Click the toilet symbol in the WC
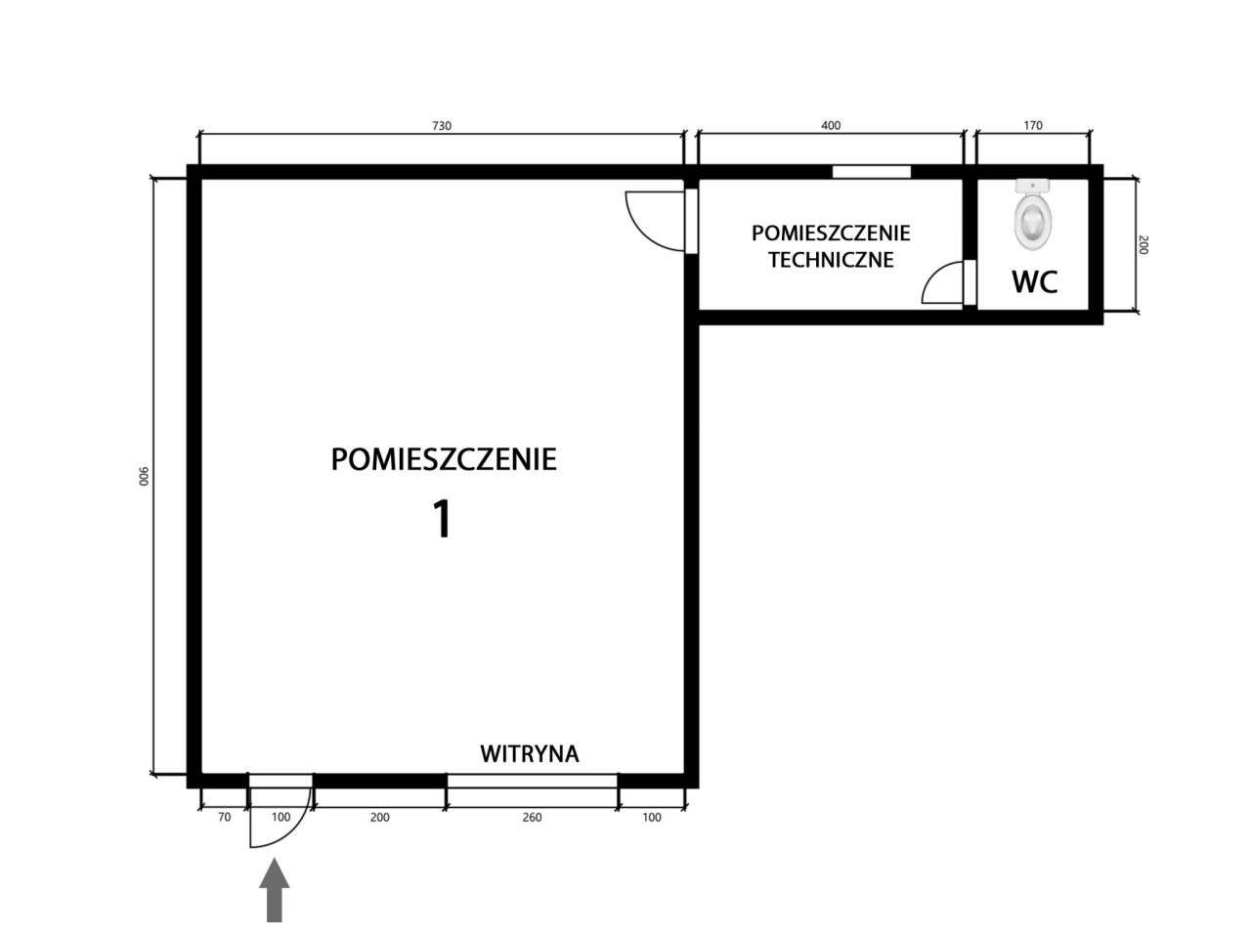(1033, 214)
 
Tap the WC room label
(1034, 281)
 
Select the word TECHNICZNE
(831, 260)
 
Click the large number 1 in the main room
(443, 518)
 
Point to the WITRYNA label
(530, 753)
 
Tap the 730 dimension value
(442, 125)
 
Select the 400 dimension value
(831, 125)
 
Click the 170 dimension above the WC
(1033, 125)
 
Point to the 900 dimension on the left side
(144, 476)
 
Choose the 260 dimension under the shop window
(532, 818)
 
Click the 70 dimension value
(225, 818)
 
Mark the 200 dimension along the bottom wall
(379, 818)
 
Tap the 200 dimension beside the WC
(1143, 245)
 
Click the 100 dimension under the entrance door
(280, 818)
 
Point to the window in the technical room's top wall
(871, 171)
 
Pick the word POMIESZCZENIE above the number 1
(444, 459)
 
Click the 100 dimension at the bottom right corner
(652, 818)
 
